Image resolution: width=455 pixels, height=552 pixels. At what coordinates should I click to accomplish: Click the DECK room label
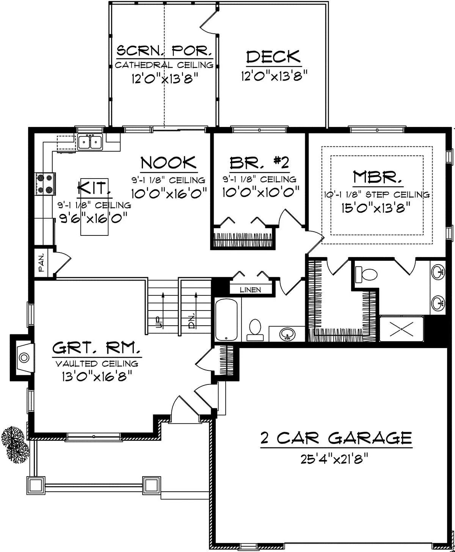click(273, 56)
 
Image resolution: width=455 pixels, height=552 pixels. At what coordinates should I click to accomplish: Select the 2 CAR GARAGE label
click(336, 438)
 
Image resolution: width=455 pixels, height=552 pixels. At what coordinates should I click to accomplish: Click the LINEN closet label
click(250, 290)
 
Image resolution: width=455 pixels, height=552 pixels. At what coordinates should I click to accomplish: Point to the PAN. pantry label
click(41, 262)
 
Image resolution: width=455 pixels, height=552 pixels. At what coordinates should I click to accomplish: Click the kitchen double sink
click(90, 142)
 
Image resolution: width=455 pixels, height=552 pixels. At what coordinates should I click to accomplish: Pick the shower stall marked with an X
click(401, 328)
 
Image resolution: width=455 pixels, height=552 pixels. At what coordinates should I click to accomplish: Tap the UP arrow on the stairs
click(163, 310)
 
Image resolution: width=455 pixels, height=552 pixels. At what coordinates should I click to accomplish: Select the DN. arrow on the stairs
click(196, 310)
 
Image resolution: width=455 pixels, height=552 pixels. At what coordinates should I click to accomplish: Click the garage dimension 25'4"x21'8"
click(334, 459)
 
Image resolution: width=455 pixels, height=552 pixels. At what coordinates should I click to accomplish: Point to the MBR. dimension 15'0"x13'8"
click(376, 207)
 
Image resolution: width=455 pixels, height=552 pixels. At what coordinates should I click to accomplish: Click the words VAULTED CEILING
click(97, 364)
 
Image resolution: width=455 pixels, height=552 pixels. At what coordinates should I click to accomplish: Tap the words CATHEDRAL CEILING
click(164, 65)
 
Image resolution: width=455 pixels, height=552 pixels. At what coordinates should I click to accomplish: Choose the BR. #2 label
click(259, 163)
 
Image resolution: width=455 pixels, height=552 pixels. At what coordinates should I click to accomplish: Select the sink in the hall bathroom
click(287, 334)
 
